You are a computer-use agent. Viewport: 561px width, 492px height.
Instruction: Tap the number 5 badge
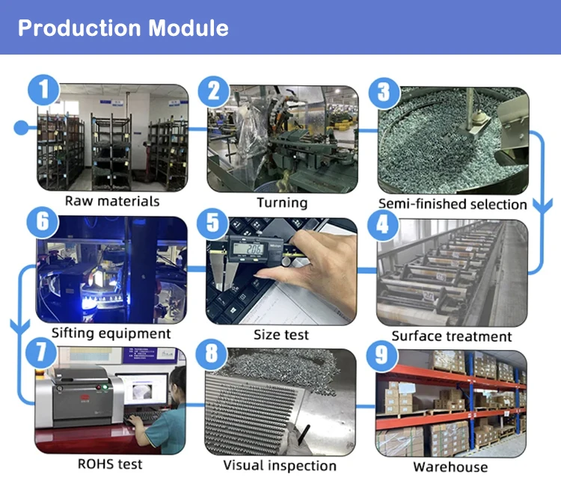tap(214, 223)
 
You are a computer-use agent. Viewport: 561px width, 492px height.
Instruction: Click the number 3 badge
tap(384, 93)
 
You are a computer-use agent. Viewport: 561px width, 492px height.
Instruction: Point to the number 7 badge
tap(42, 352)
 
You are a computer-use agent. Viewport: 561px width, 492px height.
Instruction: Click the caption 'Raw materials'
tap(112, 201)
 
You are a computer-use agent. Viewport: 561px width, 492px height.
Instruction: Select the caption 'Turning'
tap(282, 203)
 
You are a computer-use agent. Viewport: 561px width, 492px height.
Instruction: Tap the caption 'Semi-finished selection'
tap(453, 203)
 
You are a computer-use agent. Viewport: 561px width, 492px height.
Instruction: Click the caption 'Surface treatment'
tap(452, 336)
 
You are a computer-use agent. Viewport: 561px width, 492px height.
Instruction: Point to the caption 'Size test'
tap(281, 335)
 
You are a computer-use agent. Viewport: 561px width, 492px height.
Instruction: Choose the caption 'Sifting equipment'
tap(111, 333)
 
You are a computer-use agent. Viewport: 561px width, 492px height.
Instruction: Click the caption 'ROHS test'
tap(110, 464)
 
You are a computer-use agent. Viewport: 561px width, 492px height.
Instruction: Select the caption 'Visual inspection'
tap(280, 466)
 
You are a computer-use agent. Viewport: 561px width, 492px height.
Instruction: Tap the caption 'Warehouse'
tap(450, 467)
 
